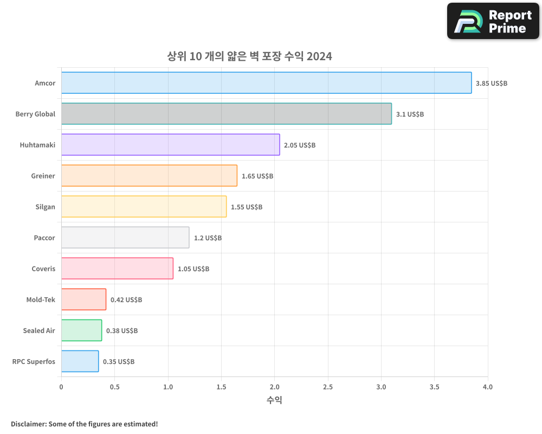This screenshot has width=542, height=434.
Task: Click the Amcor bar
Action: click(x=266, y=83)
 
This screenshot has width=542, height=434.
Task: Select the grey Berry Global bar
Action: click(x=226, y=114)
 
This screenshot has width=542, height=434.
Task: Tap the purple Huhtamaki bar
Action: click(x=170, y=145)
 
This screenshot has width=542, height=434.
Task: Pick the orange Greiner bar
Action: click(x=149, y=176)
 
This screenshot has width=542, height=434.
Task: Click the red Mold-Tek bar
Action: click(x=83, y=299)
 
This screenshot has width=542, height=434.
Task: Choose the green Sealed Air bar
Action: click(x=81, y=330)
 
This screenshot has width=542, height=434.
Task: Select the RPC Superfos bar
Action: click(x=80, y=361)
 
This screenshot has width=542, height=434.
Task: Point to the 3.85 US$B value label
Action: click(x=491, y=84)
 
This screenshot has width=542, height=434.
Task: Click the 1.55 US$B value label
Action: click(x=246, y=207)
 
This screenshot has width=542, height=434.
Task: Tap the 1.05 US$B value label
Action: click(x=193, y=269)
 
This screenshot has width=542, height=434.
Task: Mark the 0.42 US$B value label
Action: click(x=126, y=300)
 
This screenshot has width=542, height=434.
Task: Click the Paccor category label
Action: click(x=44, y=238)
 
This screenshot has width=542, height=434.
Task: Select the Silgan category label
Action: click(x=45, y=207)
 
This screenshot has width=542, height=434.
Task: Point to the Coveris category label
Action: click(x=43, y=269)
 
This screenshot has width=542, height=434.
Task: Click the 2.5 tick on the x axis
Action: click(x=328, y=387)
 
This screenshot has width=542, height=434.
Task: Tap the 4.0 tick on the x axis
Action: click(x=488, y=387)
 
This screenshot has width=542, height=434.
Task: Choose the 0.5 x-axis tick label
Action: click(x=114, y=387)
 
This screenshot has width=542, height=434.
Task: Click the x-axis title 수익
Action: click(x=274, y=400)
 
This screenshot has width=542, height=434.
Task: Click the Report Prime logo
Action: click(x=493, y=21)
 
